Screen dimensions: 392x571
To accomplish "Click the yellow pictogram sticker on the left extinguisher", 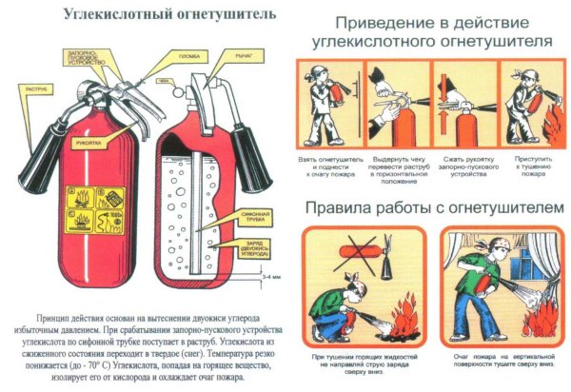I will [x=99, y=210].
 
